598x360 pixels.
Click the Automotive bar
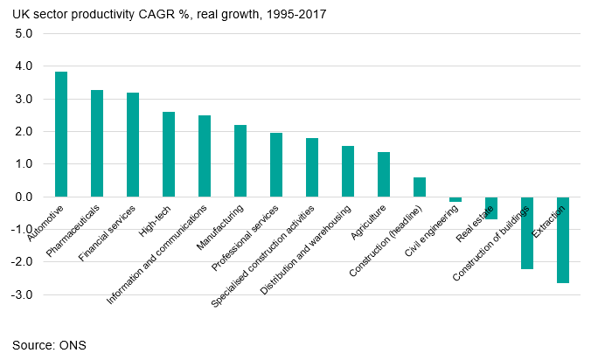[x=61, y=135]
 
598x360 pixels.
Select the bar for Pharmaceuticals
[x=97, y=143]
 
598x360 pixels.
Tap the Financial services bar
[x=133, y=145]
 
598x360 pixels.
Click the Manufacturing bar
[x=240, y=161]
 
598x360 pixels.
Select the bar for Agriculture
[x=384, y=175]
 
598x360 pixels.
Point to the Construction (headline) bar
[x=420, y=187]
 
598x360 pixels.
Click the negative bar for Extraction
[x=563, y=239]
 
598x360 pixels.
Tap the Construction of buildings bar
[x=527, y=232]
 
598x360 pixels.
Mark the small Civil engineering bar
[x=455, y=199]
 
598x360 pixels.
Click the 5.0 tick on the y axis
[x=24, y=34]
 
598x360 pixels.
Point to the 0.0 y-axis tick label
[x=24, y=197]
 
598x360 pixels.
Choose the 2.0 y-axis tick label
[x=24, y=132]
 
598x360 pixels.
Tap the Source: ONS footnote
[x=49, y=345]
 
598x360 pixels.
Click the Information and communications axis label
[x=157, y=254]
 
